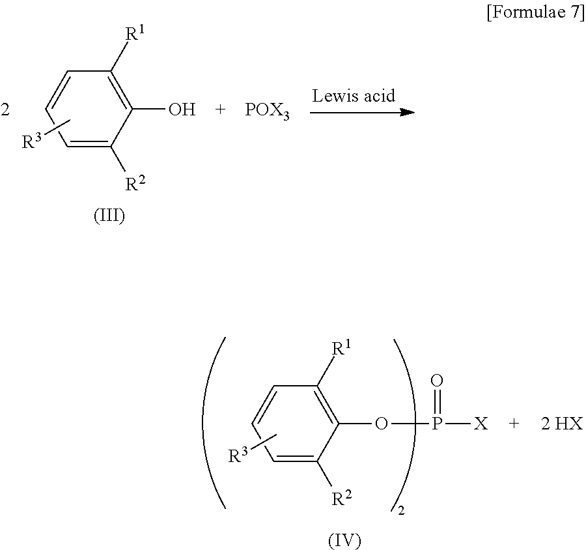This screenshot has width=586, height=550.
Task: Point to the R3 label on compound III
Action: [x=33, y=141]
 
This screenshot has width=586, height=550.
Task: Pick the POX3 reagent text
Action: [x=267, y=111]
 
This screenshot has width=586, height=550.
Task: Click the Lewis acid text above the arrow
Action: [x=354, y=96]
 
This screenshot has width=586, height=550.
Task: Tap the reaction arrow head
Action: [x=407, y=112]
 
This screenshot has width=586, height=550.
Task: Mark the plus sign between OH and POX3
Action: [x=220, y=110]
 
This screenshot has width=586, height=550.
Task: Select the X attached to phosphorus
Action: [x=480, y=425]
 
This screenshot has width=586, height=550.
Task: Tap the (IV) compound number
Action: [x=344, y=540]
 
